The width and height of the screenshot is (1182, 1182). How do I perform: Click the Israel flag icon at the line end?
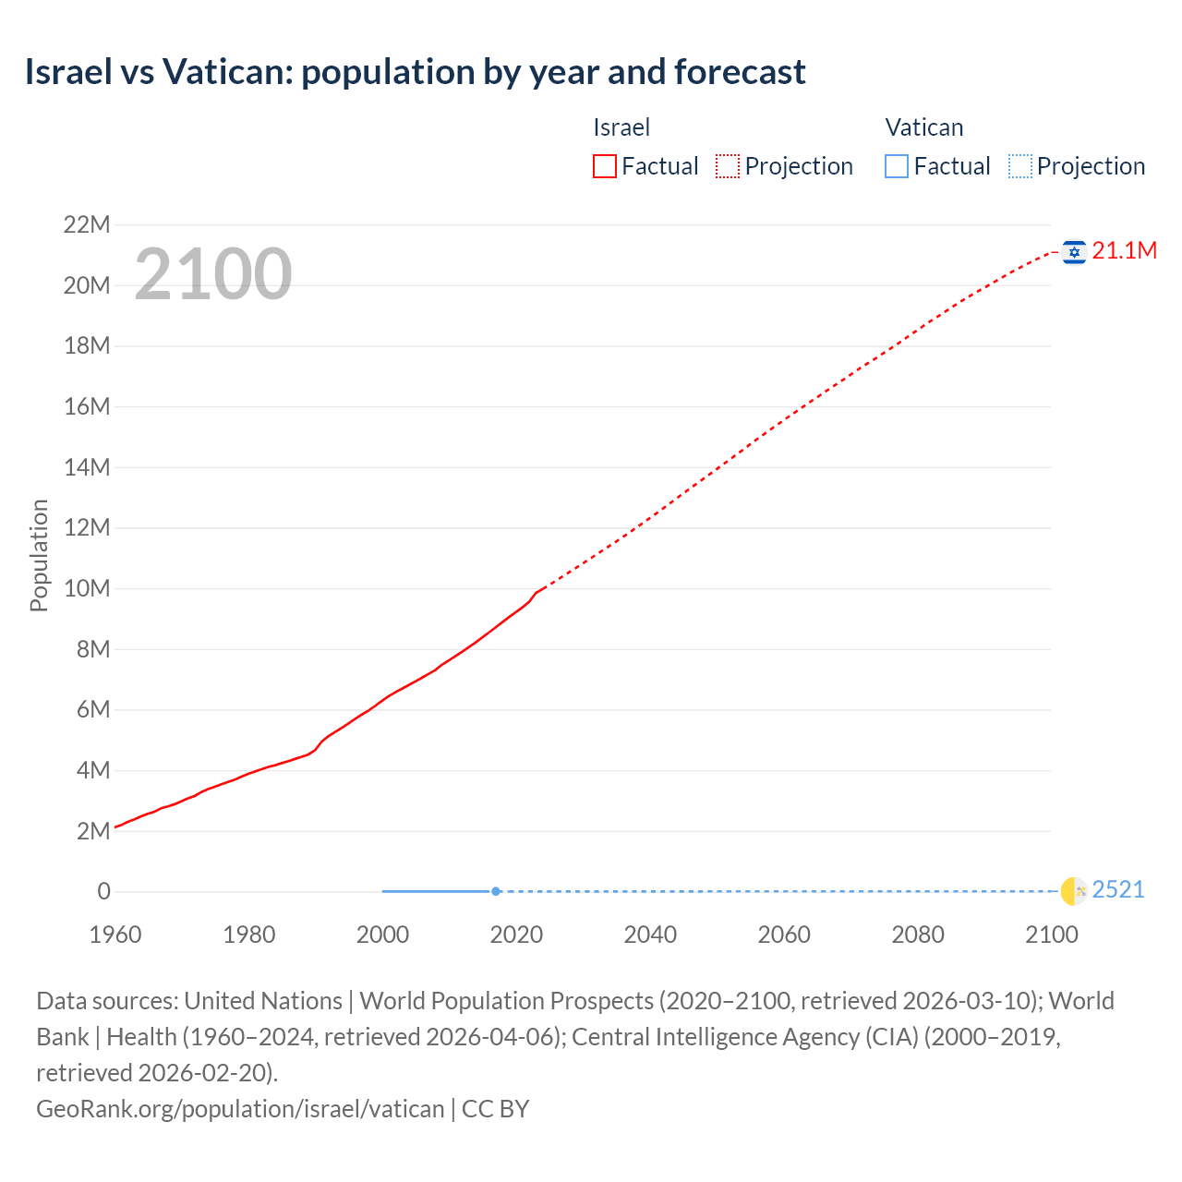1074,251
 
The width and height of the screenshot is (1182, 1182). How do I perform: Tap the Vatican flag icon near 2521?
1074,890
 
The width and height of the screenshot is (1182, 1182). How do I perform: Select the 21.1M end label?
1124,251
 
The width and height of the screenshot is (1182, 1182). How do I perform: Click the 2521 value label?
1118,890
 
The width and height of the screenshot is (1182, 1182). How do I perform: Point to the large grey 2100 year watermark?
213,274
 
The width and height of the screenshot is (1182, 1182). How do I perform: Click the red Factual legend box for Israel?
605,166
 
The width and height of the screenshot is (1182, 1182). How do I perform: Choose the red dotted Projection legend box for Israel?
728,166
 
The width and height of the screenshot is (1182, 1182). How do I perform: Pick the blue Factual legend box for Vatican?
897,166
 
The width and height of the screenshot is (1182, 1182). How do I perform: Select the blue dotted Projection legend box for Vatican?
1020,166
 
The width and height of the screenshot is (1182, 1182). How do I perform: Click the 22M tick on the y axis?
87,225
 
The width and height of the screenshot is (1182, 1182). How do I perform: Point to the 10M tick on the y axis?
87,589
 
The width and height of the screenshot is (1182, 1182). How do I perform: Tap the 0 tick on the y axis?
103,892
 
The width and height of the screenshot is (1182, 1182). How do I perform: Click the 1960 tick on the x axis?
115,935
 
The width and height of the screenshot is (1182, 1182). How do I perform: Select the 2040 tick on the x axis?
650,935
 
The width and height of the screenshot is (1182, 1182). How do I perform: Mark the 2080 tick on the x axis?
918,935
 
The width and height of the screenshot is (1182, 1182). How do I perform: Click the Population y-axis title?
39,555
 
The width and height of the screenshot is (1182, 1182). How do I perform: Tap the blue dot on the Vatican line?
496,891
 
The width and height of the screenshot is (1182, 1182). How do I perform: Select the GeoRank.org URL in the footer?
240,1108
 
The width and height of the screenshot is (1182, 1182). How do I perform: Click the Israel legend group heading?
621,127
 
